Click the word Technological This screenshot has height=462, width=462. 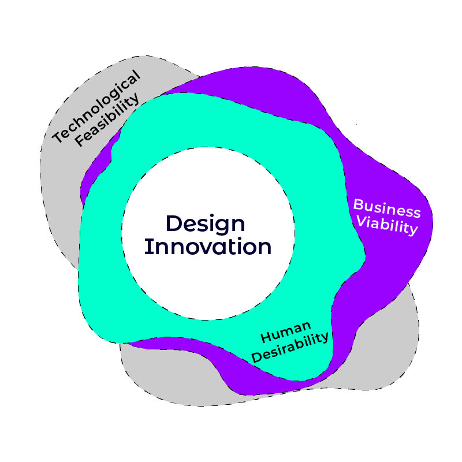pos(96,107)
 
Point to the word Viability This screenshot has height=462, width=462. pos(386,225)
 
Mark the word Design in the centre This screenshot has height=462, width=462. pos(206,224)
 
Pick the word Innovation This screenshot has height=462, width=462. pos(208,247)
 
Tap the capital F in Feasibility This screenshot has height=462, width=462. pos(79,139)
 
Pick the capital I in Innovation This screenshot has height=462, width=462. pos(147,247)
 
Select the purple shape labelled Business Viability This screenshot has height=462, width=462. pos(398,254)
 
